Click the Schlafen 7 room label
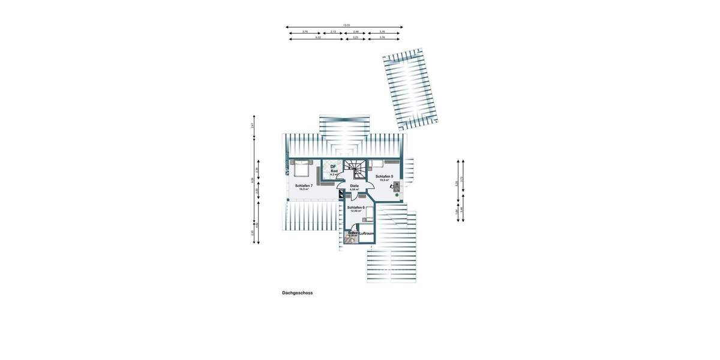[304, 186]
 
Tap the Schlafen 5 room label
[384, 177]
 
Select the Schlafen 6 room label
[356, 208]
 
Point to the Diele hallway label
[354, 187]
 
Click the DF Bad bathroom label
[334, 169]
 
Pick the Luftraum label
[367, 233]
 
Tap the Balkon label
[353, 233]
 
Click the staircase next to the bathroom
[358, 169]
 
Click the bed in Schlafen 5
[377, 163]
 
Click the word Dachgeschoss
[298, 293]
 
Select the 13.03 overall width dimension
[346, 25]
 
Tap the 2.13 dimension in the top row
[333, 32]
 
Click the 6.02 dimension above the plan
[318, 38]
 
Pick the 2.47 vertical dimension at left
[253, 125]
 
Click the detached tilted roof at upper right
[411, 89]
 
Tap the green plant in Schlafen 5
[397, 194]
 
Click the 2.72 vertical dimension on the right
[462, 179]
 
